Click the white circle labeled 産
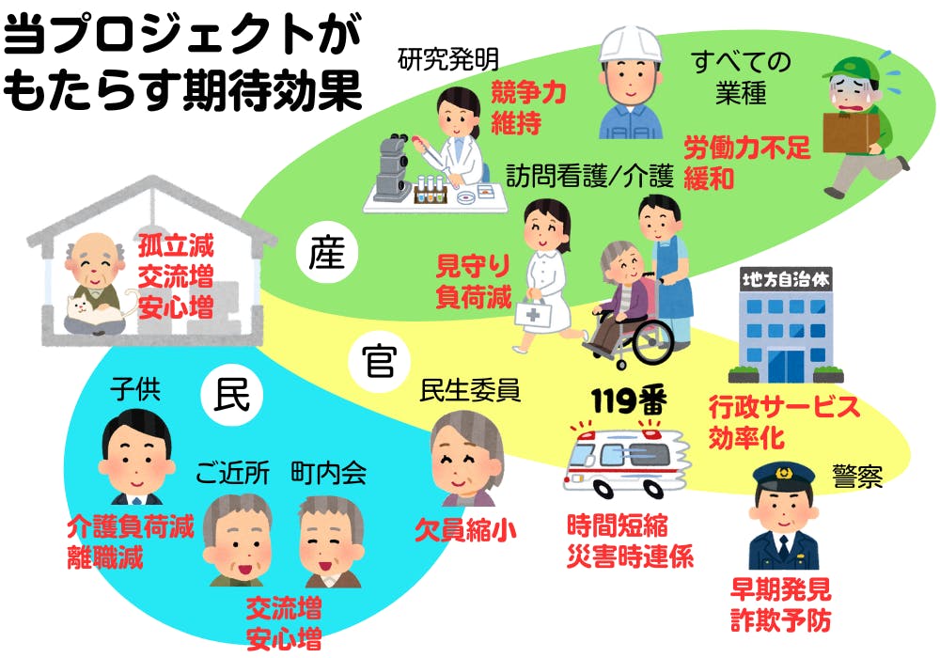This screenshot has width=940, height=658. tap(322, 252)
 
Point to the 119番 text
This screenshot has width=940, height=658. tap(629, 402)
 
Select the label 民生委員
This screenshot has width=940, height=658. tap(470, 389)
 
